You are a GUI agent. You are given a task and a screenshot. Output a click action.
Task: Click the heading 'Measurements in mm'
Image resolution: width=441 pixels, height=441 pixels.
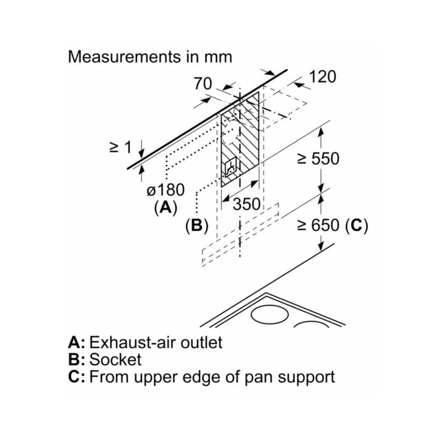point(150,56)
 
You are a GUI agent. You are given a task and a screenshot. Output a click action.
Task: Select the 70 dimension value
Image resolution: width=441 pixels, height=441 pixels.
point(203,84)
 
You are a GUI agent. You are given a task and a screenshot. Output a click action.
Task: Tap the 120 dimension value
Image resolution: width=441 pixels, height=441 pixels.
point(322,76)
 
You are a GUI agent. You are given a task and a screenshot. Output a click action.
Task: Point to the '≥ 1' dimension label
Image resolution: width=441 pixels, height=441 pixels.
point(121,147)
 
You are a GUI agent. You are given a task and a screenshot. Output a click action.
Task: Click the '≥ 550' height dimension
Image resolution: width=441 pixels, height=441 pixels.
point(318,159)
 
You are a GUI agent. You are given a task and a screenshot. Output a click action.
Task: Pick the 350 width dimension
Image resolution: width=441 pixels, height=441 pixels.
point(246,204)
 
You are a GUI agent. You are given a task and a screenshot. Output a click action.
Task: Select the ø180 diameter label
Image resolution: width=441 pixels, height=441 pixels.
point(165,190)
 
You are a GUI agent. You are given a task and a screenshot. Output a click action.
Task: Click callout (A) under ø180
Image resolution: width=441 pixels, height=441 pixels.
point(165,208)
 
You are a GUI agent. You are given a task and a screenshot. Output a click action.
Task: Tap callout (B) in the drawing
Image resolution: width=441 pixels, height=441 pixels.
point(197,225)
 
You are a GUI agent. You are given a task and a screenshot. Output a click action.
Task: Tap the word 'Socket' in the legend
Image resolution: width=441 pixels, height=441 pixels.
point(115,359)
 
